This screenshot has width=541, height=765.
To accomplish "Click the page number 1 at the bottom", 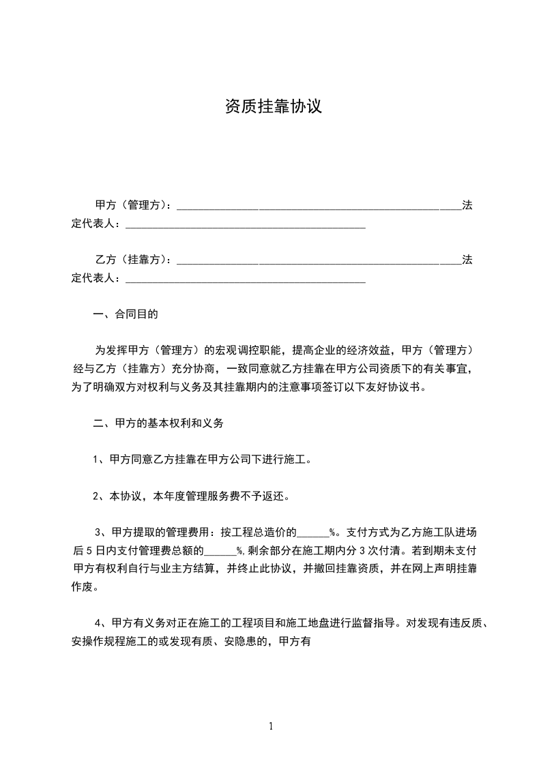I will tap(271, 726).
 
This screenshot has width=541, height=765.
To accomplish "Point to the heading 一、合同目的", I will tap(126, 314).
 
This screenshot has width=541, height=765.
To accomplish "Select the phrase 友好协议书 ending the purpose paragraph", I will tap(393, 387).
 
